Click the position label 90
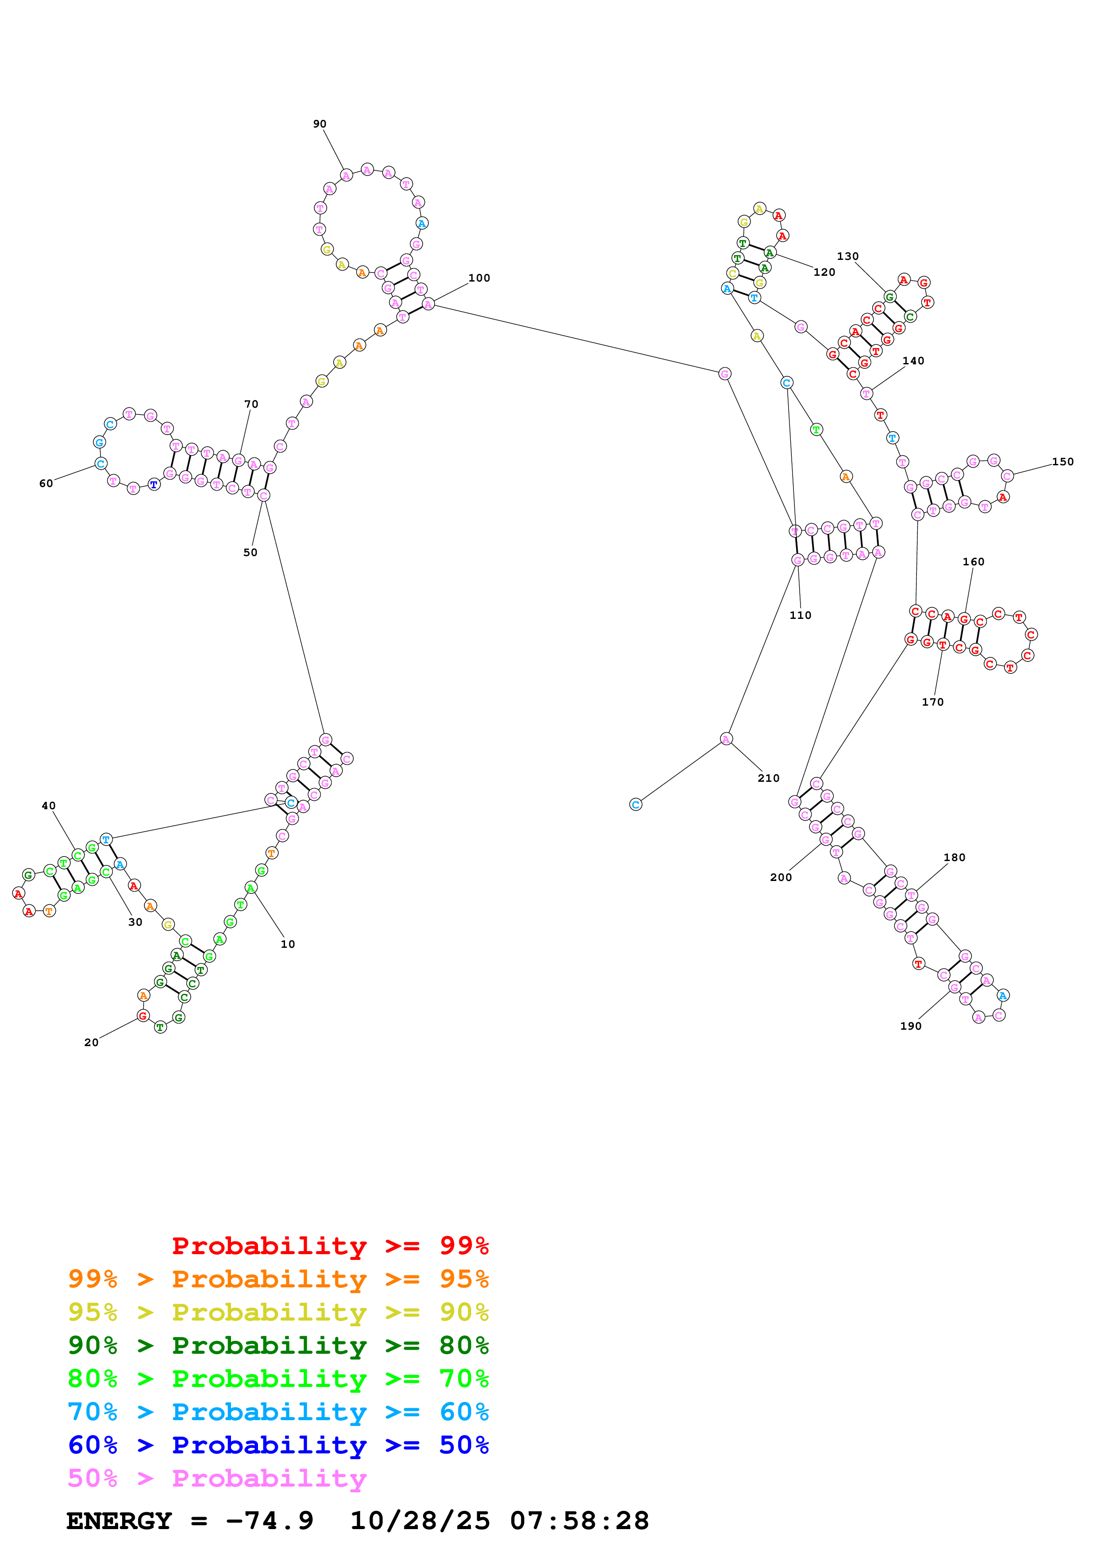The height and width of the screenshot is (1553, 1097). tap(319, 124)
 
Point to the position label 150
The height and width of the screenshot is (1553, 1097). tap(1062, 462)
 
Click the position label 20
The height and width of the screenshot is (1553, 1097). tap(91, 1043)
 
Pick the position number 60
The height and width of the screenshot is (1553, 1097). tap(46, 483)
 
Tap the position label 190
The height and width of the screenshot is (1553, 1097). tap(910, 1026)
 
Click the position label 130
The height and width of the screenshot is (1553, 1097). tap(847, 256)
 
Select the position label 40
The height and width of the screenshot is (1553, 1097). tap(49, 806)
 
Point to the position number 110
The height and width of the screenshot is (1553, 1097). tap(800, 615)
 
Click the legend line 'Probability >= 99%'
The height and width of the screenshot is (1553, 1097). tap(330, 1246)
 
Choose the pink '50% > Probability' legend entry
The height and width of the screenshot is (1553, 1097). tap(217, 1479)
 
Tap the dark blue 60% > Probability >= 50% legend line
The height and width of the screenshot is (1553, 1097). tap(278, 1445)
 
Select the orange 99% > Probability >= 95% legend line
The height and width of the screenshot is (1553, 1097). tap(278, 1279)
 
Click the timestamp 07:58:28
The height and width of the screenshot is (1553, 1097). tap(579, 1521)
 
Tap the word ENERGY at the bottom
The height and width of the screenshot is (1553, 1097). tap(119, 1521)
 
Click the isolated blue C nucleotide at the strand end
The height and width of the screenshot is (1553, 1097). tap(635, 804)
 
